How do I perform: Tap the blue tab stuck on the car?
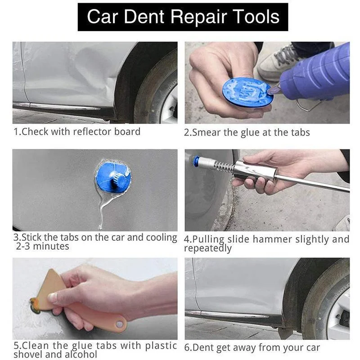pyautogui.click(x=113, y=175)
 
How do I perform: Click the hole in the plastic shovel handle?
pyautogui.click(x=119, y=324)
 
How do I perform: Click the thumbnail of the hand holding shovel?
pyautogui.click(x=53, y=297)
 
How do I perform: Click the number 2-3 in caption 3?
pyautogui.click(x=24, y=247)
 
